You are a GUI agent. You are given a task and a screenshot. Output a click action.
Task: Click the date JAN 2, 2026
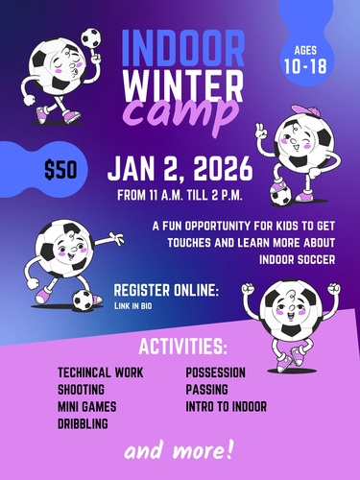(180, 170)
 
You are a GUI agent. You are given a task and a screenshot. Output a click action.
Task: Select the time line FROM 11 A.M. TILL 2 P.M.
(180, 197)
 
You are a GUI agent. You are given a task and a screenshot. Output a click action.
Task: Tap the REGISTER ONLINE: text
(166, 290)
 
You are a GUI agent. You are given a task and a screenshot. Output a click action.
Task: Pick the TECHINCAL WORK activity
(100, 372)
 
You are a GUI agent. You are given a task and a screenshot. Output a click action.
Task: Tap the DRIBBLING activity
(83, 423)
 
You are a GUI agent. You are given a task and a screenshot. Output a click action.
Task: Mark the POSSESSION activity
(216, 372)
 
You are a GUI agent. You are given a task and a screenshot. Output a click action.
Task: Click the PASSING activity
(206, 390)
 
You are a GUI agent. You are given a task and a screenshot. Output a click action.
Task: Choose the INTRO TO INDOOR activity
(227, 406)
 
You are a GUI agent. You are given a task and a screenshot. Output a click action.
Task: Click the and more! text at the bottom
(180, 449)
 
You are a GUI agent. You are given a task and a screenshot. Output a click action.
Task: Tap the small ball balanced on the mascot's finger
(90, 37)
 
